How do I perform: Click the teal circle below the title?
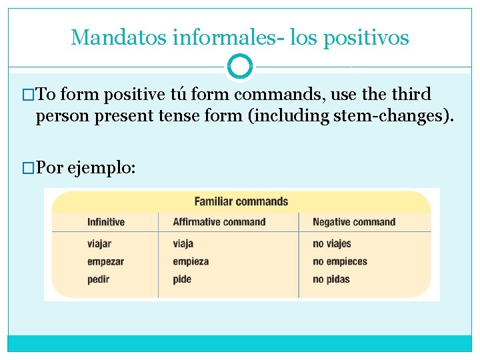point(240,67)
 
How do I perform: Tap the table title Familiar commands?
point(241,201)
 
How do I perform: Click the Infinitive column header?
point(105,222)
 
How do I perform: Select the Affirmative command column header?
point(219,222)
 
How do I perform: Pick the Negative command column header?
point(353,222)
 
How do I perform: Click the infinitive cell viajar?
point(99,244)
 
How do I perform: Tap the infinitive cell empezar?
point(105,261)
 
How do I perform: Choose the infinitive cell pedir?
point(98,279)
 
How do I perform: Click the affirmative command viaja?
point(183,244)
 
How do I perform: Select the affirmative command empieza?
point(191,261)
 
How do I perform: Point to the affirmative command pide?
point(182,279)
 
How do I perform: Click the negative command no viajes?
point(332,244)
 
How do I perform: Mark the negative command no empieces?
point(340,261)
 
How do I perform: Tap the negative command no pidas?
point(331,279)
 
